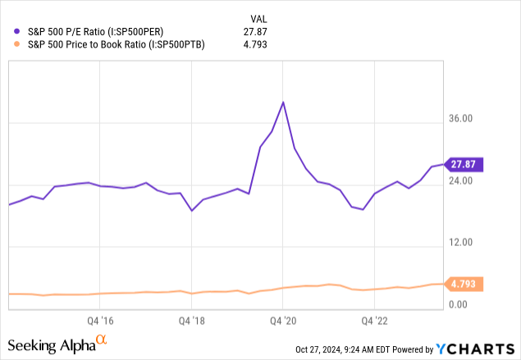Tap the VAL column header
(259, 17)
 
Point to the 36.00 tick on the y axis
(461, 119)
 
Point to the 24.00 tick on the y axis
(461, 181)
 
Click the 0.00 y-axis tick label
(459, 305)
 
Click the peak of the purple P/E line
(283, 103)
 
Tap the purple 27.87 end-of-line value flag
(465, 165)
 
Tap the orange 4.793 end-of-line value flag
(465, 285)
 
